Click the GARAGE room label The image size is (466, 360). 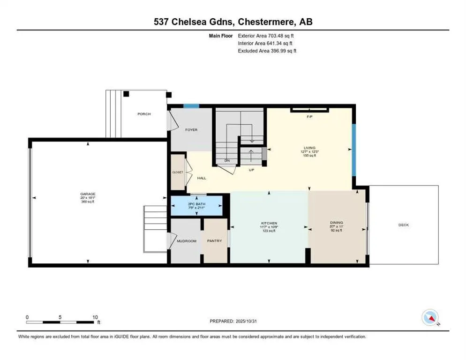[87, 194]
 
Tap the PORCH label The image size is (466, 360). [144, 114]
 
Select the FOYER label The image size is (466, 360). [191, 130]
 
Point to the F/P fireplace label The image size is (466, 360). [309, 116]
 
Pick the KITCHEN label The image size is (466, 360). [269, 223]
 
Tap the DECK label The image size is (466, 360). [404, 225]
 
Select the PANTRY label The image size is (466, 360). [214, 241]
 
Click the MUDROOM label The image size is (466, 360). [186, 241]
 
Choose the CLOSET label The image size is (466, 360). [177, 172]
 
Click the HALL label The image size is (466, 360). [202, 178]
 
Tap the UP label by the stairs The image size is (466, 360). [251, 170]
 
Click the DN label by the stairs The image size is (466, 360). [227, 161]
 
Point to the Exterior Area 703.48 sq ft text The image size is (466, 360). [268, 35]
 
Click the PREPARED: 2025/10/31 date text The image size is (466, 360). [234, 321]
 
